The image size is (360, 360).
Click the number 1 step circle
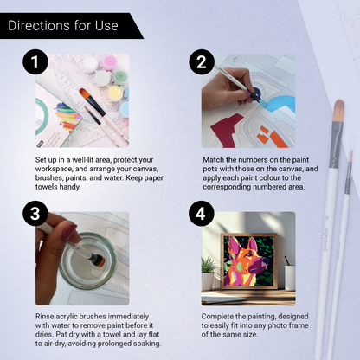click(x=34, y=63)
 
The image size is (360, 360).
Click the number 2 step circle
click(x=201, y=63)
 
